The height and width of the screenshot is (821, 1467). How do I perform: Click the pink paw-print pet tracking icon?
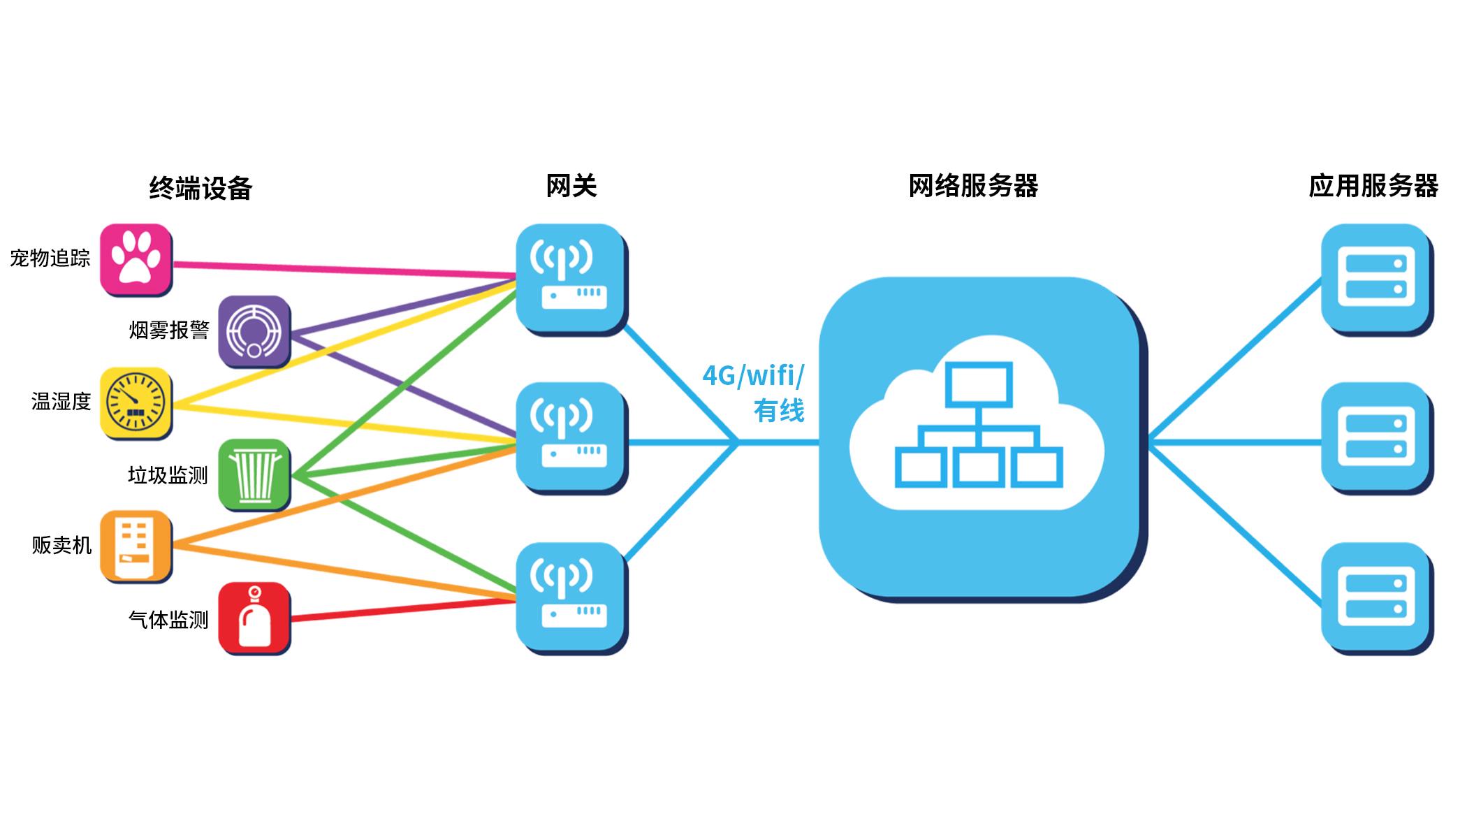pos(136,259)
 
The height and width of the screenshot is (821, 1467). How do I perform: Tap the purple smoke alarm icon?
pos(254,331)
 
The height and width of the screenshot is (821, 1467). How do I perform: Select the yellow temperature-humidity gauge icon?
pos(136,403)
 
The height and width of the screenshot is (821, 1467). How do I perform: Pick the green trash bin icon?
pos(254,475)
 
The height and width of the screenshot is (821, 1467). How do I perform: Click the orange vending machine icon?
pos(136,547)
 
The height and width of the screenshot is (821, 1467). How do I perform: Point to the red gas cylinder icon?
pos(254,619)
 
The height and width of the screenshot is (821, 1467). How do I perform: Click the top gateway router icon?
pos(572,280)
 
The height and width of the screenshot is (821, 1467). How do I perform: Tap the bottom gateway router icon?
pos(572,599)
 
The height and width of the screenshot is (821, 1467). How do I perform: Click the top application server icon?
pos(1377,280)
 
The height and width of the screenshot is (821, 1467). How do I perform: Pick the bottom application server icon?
pos(1377,599)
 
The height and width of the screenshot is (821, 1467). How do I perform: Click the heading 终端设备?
pos(200,188)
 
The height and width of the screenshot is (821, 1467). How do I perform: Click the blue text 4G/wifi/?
pos(753,376)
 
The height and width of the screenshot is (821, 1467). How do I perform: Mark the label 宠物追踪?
pos(50,259)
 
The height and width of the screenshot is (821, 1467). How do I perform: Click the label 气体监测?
pos(168,620)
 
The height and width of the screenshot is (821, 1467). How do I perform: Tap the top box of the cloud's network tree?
pos(979,384)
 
